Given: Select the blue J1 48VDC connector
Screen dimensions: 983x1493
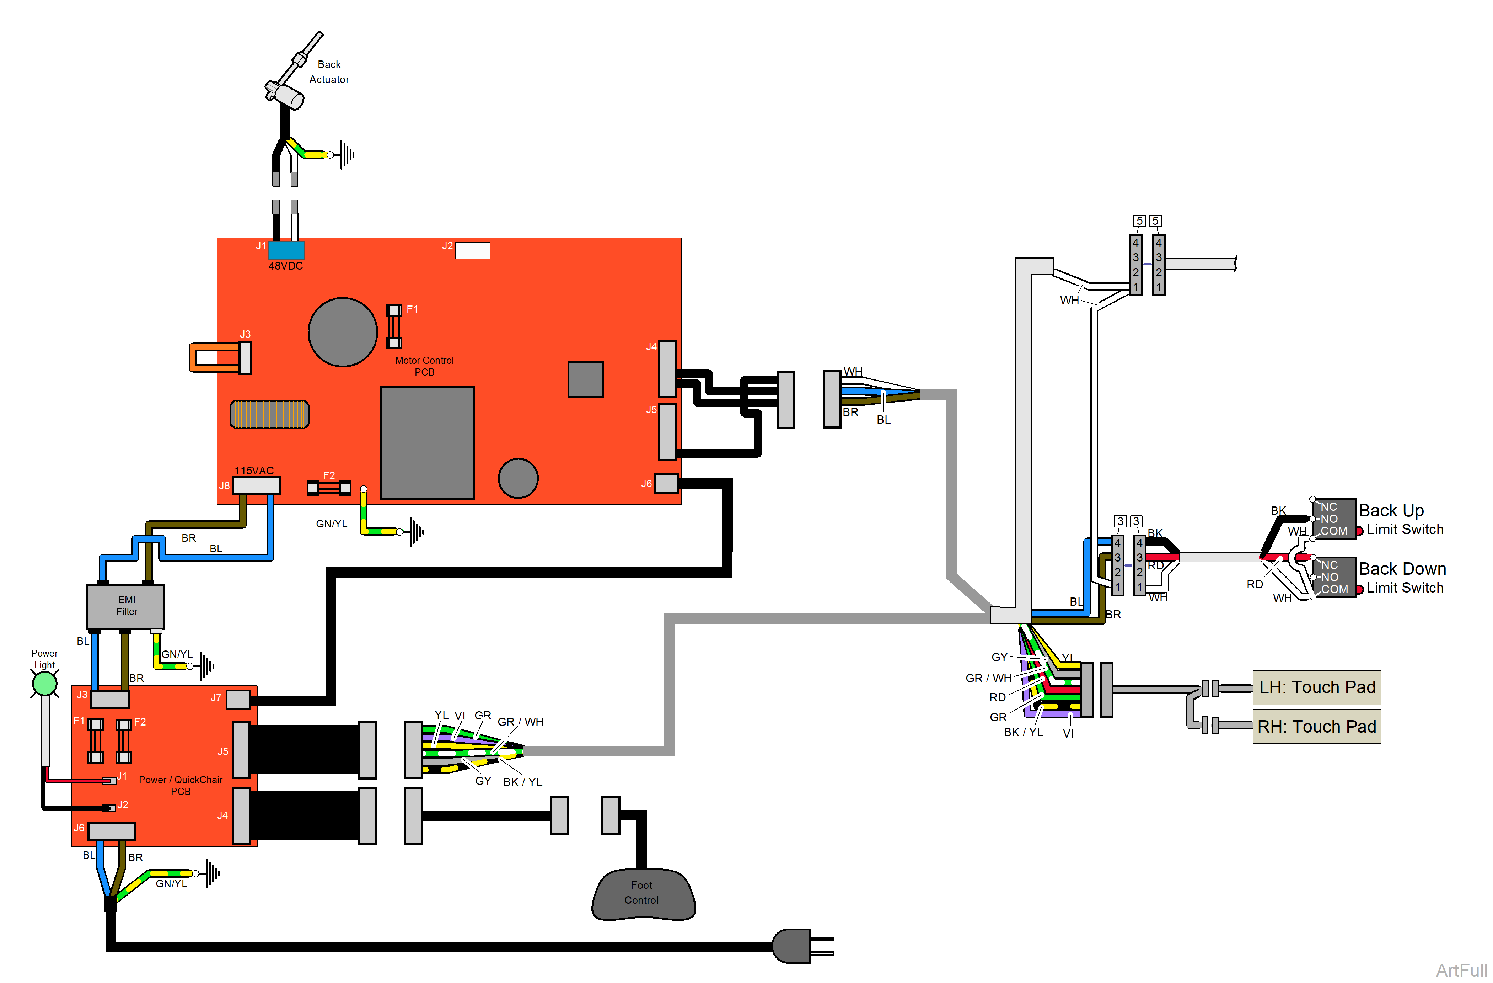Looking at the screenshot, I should click(x=286, y=250).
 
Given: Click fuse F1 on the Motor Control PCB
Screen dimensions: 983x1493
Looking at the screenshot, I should click(x=393, y=326).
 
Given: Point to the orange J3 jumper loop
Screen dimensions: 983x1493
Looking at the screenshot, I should click(x=213, y=357).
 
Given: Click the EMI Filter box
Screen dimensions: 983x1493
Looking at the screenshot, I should click(x=125, y=606).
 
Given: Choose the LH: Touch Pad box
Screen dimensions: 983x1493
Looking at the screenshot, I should click(x=1316, y=687).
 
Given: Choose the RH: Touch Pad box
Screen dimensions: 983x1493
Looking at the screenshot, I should click(x=1316, y=726).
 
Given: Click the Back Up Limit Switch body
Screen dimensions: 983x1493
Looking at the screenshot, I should click(x=1334, y=519).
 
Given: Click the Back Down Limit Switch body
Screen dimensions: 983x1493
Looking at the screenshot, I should click(x=1334, y=577).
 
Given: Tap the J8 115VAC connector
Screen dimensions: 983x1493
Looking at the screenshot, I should click(x=256, y=485).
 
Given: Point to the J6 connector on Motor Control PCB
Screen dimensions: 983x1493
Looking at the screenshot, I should click(x=666, y=483).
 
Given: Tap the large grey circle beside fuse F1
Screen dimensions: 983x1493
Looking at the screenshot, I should click(x=343, y=332).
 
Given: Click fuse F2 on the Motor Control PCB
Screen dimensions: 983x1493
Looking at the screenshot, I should click(x=329, y=488).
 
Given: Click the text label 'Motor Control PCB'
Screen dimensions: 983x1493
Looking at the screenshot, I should click(x=424, y=366).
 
